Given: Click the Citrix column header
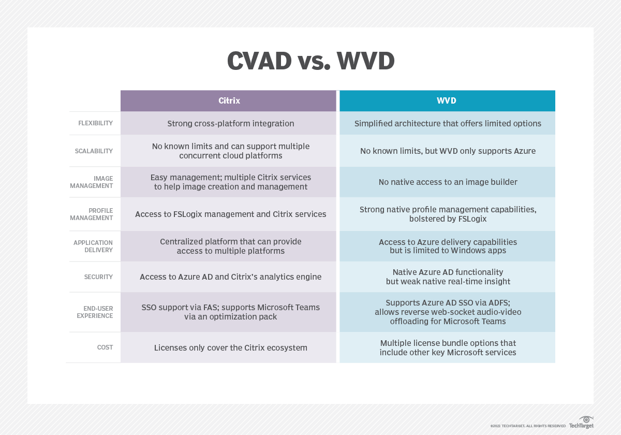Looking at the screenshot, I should pos(229,100).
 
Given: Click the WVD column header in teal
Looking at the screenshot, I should pos(447,100).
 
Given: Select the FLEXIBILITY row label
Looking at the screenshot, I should pos(95,123).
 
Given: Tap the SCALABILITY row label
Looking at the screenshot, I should pos(94,151).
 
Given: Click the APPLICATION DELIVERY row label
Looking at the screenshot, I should pos(93,246).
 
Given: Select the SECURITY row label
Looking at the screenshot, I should pos(98,277).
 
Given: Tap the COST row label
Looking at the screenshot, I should pos(105,347).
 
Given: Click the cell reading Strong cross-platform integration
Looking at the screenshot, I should pos(230,123).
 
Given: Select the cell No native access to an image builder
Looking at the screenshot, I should pos(448,182).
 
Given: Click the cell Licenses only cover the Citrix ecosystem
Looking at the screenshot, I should pos(230,347).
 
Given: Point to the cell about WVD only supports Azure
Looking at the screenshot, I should pos(448,151).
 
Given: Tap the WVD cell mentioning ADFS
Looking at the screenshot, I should pos(448,312).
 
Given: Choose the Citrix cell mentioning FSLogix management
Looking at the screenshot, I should pos(230,214).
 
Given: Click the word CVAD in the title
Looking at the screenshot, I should pos(259,61).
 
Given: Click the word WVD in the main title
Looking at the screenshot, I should pos(365,61).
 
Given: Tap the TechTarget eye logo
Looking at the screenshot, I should pos(586,418).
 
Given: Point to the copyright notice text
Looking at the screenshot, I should pos(528,426).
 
